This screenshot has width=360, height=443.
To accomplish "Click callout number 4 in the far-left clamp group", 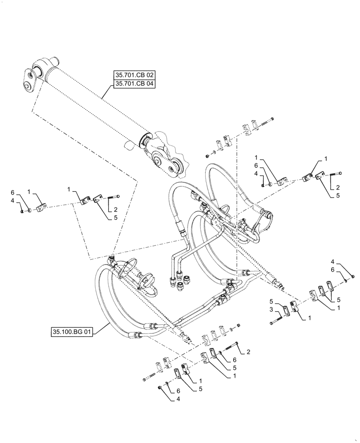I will [14, 201].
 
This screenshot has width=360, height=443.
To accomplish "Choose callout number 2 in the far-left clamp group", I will [115, 210].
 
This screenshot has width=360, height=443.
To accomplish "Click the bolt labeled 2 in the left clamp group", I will [113, 197].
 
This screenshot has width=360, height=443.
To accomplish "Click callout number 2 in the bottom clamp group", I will [248, 352].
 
